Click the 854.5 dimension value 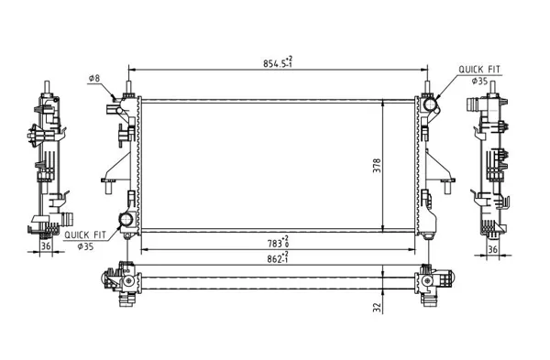278,62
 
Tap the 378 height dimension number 377,166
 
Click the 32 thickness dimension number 377,308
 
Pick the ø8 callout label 94,78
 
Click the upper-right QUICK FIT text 479,70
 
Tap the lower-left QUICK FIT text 85,235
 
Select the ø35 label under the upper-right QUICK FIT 479,82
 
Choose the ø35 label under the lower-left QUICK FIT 85,246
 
